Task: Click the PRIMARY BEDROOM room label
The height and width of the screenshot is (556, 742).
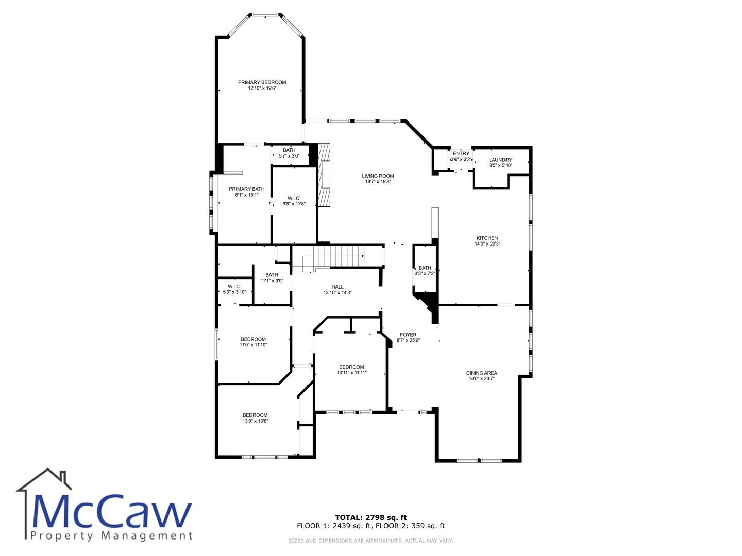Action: [x=262, y=82]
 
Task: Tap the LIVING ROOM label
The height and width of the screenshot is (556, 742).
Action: [x=378, y=176]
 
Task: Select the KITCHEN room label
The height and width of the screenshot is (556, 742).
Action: [x=487, y=238]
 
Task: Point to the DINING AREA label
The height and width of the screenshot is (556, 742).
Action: [x=481, y=373]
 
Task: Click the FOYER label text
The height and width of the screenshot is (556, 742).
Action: [x=408, y=335]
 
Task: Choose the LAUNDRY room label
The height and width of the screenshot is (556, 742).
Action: [x=500, y=160]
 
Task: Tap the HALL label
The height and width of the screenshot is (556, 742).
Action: [x=338, y=287]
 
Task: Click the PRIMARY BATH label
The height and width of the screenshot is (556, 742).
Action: [x=246, y=189]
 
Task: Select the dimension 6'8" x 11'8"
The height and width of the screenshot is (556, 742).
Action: [x=294, y=204]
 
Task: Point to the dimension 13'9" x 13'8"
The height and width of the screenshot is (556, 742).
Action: [x=255, y=421]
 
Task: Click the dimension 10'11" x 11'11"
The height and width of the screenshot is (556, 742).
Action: [x=351, y=373]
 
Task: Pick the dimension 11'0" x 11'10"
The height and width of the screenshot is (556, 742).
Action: [x=253, y=345]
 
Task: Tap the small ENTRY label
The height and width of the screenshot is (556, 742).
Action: [x=461, y=153]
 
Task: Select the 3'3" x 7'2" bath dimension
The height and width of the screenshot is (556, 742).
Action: [x=425, y=274]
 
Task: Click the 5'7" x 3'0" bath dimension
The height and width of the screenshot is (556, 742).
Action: [x=289, y=156]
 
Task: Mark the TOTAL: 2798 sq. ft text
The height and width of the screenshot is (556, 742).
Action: [x=371, y=517]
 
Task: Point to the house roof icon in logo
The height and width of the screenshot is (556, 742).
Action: [x=44, y=480]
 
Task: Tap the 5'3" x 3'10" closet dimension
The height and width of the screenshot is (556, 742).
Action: [x=234, y=292]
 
